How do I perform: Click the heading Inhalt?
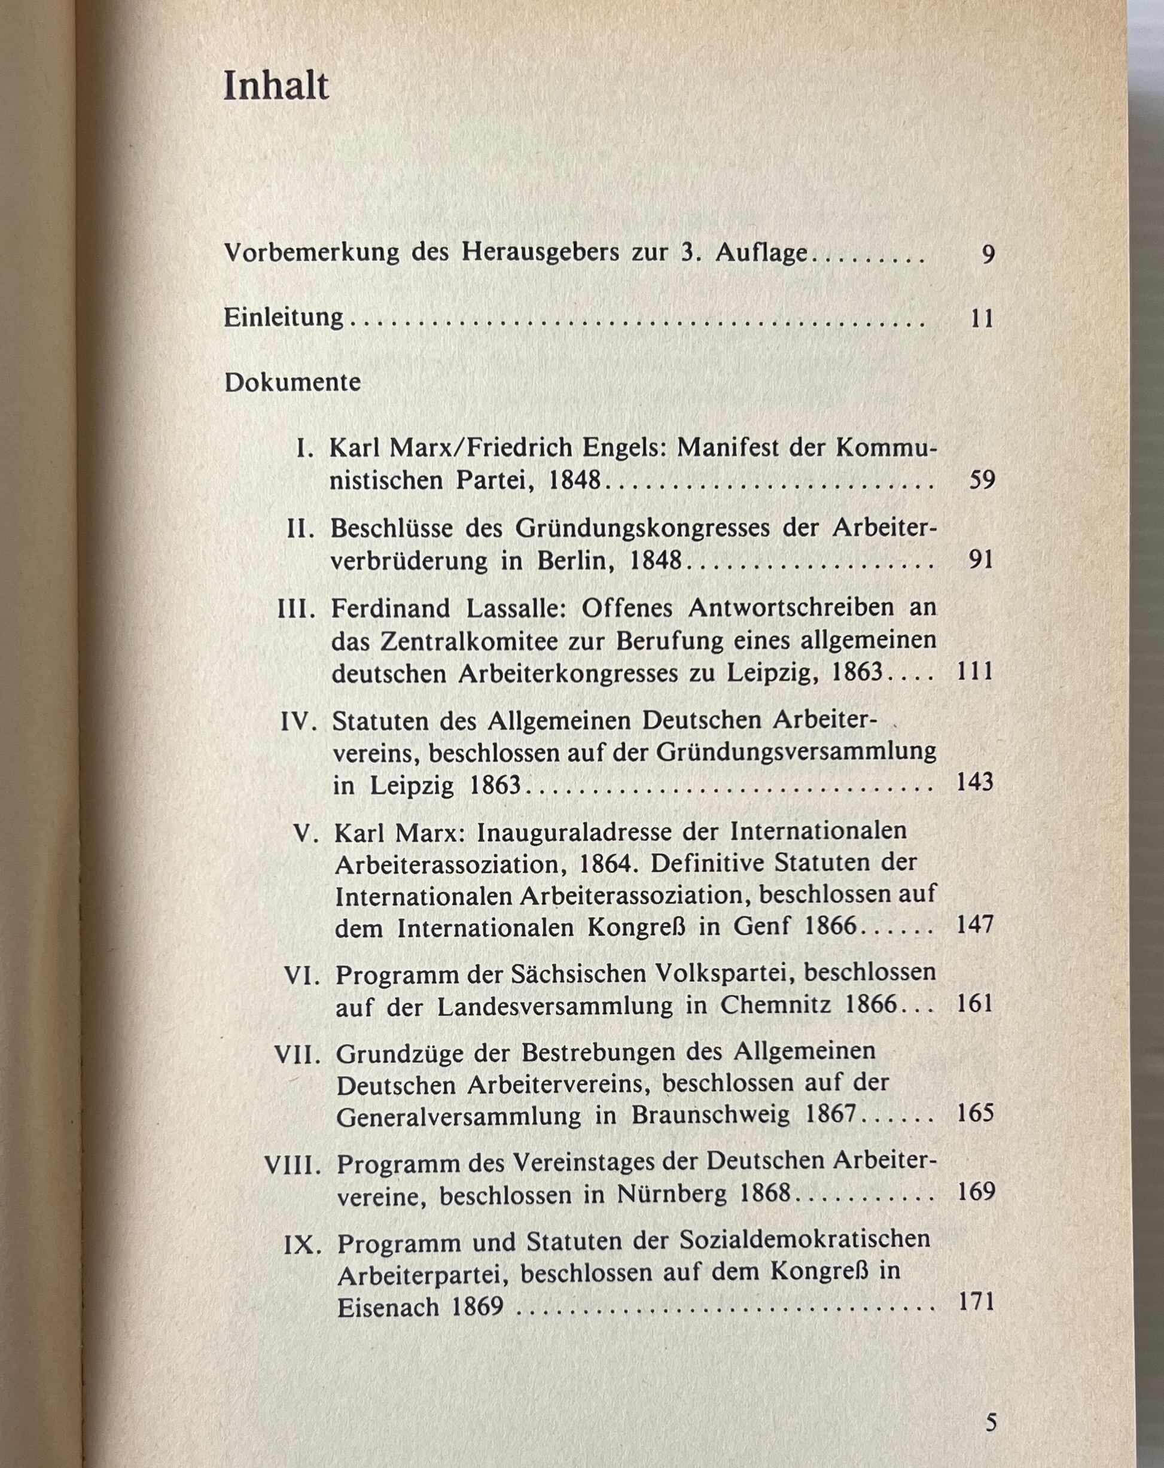276,87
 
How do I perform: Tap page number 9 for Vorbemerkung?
988,255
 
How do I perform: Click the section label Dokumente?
292,382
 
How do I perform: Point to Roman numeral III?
297,608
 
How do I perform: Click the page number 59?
982,481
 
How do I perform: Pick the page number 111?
976,672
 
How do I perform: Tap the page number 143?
976,782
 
